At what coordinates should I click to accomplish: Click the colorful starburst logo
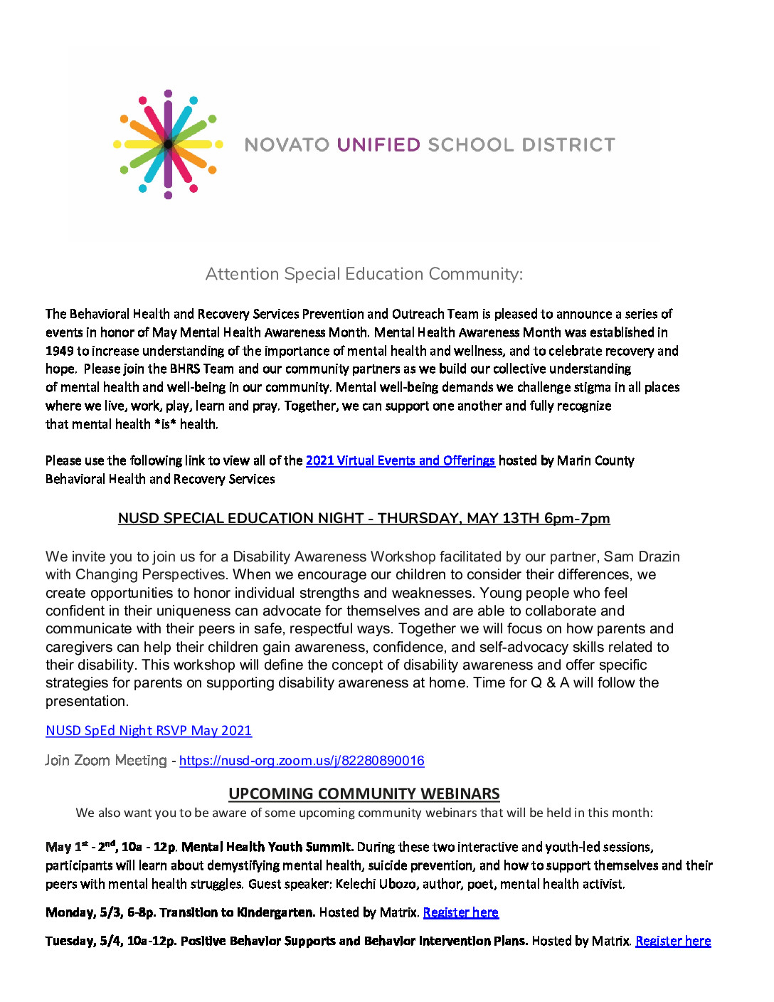(168, 144)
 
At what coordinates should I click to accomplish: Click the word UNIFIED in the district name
(378, 145)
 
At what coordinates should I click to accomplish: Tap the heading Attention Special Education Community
(364, 274)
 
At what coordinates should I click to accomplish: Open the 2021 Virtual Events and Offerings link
(400, 460)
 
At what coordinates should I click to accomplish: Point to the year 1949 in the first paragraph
(60, 351)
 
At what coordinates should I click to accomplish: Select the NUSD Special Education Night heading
(364, 518)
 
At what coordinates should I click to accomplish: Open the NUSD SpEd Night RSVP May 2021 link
(149, 731)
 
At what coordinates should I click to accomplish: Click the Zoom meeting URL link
(302, 761)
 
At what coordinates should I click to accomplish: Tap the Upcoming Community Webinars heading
(364, 793)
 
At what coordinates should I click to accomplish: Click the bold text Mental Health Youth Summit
(267, 847)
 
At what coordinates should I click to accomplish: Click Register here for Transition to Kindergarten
(460, 912)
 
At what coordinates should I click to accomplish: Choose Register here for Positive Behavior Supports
(673, 941)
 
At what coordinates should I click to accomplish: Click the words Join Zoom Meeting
(106, 761)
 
